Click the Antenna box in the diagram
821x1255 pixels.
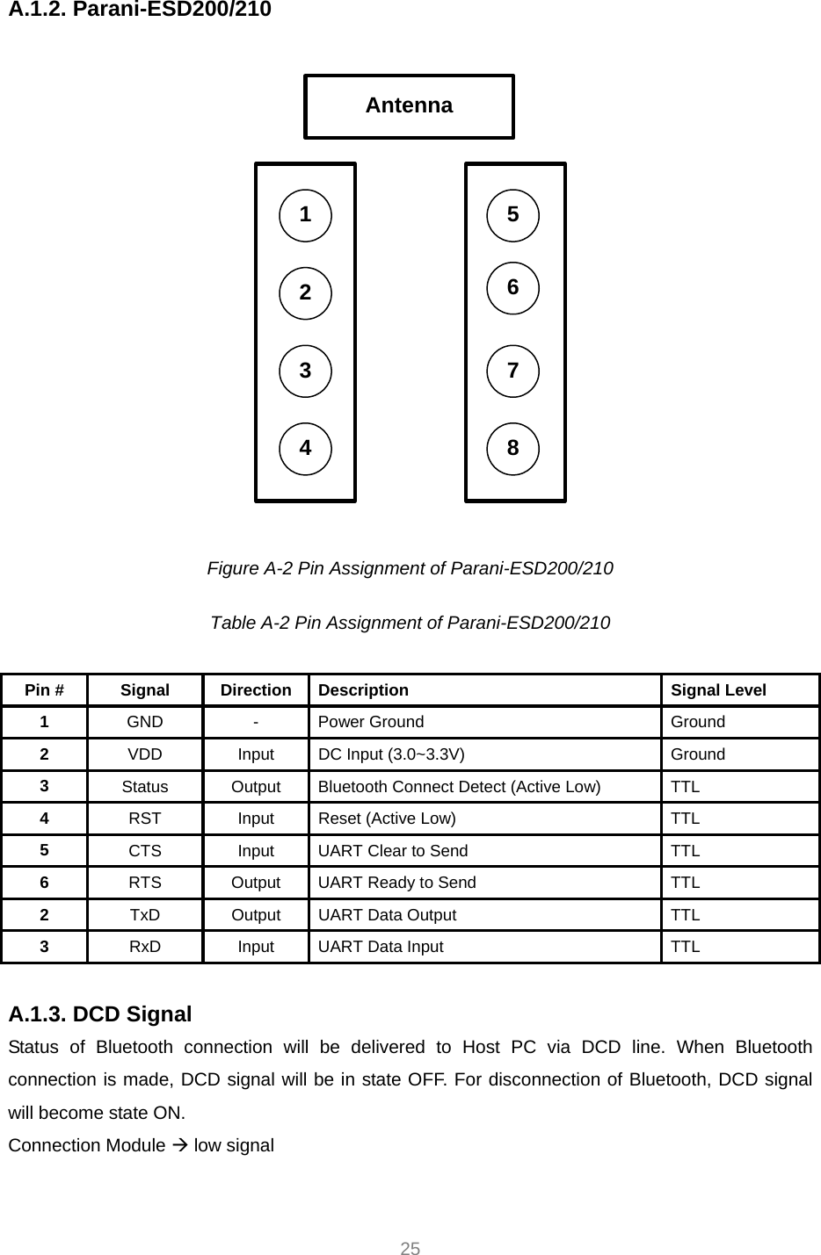[x=409, y=106]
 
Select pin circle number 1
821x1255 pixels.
[x=305, y=215]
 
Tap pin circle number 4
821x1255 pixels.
[x=305, y=448]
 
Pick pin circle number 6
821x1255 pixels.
[x=512, y=288]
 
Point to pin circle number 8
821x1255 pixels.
[x=512, y=449]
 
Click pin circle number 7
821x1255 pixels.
[x=512, y=371]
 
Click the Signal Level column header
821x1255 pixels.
[x=718, y=690]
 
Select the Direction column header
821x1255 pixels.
[x=256, y=690]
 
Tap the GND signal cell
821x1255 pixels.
[x=145, y=722]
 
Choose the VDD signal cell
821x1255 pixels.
[x=145, y=754]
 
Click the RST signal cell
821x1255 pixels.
[x=145, y=819]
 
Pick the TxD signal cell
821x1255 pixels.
[x=145, y=915]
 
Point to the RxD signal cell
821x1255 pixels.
[x=145, y=947]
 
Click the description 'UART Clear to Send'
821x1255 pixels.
[x=393, y=851]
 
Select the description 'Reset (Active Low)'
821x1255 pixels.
[x=387, y=819]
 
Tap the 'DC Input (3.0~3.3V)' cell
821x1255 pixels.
[x=392, y=754]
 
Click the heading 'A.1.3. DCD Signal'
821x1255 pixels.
[x=99, y=1014]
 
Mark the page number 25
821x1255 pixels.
[x=410, y=1249]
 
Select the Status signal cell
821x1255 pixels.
[x=145, y=787]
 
